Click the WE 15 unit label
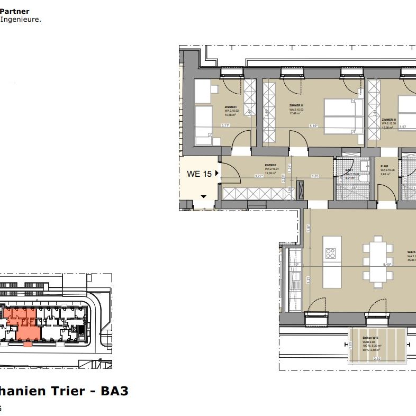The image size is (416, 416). tap(199, 174)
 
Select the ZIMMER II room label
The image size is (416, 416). tap(296, 106)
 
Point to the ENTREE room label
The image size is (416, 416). tap(272, 165)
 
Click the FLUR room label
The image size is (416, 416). tap(384, 166)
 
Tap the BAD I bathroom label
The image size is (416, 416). tap(349, 170)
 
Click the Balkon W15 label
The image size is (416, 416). tap(369, 337)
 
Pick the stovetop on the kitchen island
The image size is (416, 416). tap(331, 252)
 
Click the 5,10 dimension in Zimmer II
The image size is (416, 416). tap(314, 126)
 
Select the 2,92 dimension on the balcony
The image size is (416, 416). tap(377, 359)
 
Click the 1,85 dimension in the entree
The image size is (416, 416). tap(315, 176)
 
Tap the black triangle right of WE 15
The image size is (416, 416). tap(217, 174)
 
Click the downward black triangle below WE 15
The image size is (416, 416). tap(203, 196)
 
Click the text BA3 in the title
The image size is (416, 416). tap(115, 391)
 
